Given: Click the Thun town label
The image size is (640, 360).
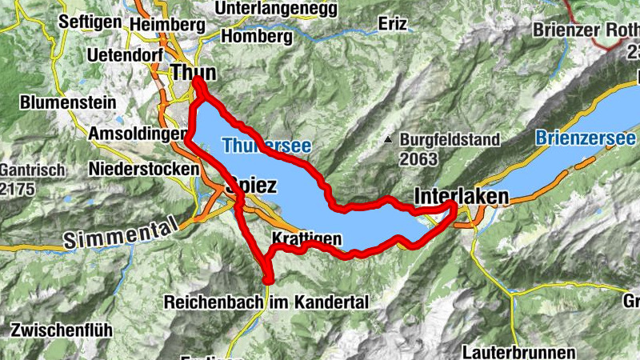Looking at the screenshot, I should [x=193, y=72].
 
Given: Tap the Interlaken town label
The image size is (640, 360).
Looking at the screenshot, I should [x=462, y=196].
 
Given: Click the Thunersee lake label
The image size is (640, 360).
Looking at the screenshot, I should [x=266, y=146].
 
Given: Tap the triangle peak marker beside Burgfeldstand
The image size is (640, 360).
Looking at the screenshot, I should [x=388, y=140].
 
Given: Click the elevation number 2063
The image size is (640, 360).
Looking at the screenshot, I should [x=419, y=158].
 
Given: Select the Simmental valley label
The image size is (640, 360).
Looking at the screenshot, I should [x=120, y=234].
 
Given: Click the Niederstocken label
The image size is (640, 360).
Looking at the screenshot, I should [x=144, y=169].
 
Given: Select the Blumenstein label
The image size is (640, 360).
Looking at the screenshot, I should [x=68, y=103].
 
